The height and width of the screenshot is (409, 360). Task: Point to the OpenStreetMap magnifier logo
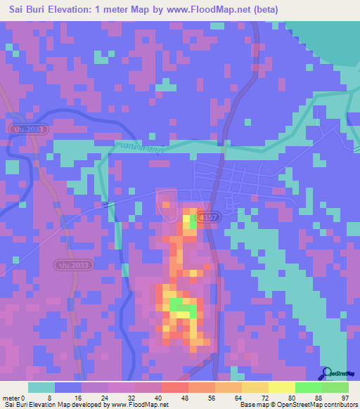(x=326, y=374)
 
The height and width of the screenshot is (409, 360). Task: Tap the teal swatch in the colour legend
(x=41, y=387)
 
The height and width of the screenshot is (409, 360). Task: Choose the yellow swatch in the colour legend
(x=281, y=387)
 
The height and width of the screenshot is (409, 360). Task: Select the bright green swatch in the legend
(x=308, y=387)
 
